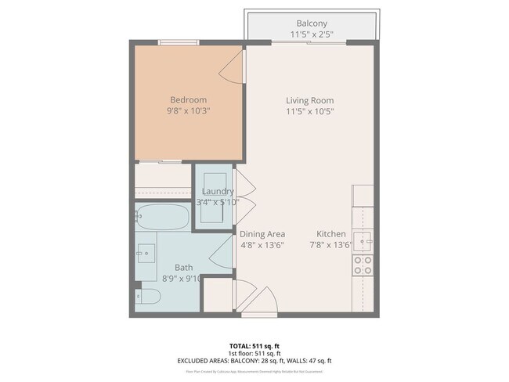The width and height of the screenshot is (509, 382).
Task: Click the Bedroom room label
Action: pyautogui.click(x=188, y=99)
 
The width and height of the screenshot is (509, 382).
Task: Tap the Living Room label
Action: pyautogui.click(x=309, y=100)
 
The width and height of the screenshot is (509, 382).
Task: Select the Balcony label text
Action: pyautogui.click(x=311, y=23)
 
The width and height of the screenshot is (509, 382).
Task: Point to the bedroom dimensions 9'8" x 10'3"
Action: pyautogui.click(x=188, y=111)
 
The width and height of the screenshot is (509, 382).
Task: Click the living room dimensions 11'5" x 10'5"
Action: pyautogui.click(x=309, y=111)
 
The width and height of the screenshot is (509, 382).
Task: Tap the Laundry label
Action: pyautogui.click(x=218, y=192)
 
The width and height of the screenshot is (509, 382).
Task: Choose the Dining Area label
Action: pyautogui.click(x=262, y=234)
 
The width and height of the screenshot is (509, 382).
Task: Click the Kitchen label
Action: pyautogui.click(x=331, y=234)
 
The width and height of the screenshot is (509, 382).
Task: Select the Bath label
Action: pyautogui.click(x=183, y=267)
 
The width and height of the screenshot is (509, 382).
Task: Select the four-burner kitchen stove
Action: pyautogui.click(x=363, y=265)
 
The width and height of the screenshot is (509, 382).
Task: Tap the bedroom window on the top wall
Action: pyautogui.click(x=178, y=42)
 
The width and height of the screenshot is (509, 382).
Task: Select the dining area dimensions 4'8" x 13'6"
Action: pyautogui.click(x=262, y=245)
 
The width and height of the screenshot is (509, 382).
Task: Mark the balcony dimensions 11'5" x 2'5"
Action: pyautogui.click(x=311, y=34)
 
